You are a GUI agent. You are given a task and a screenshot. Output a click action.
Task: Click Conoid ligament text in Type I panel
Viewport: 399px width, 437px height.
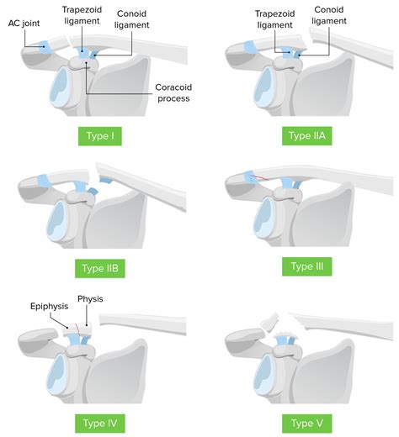[x=132, y=19]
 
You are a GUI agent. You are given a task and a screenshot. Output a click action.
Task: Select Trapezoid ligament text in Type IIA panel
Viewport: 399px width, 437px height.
[x=277, y=19]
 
